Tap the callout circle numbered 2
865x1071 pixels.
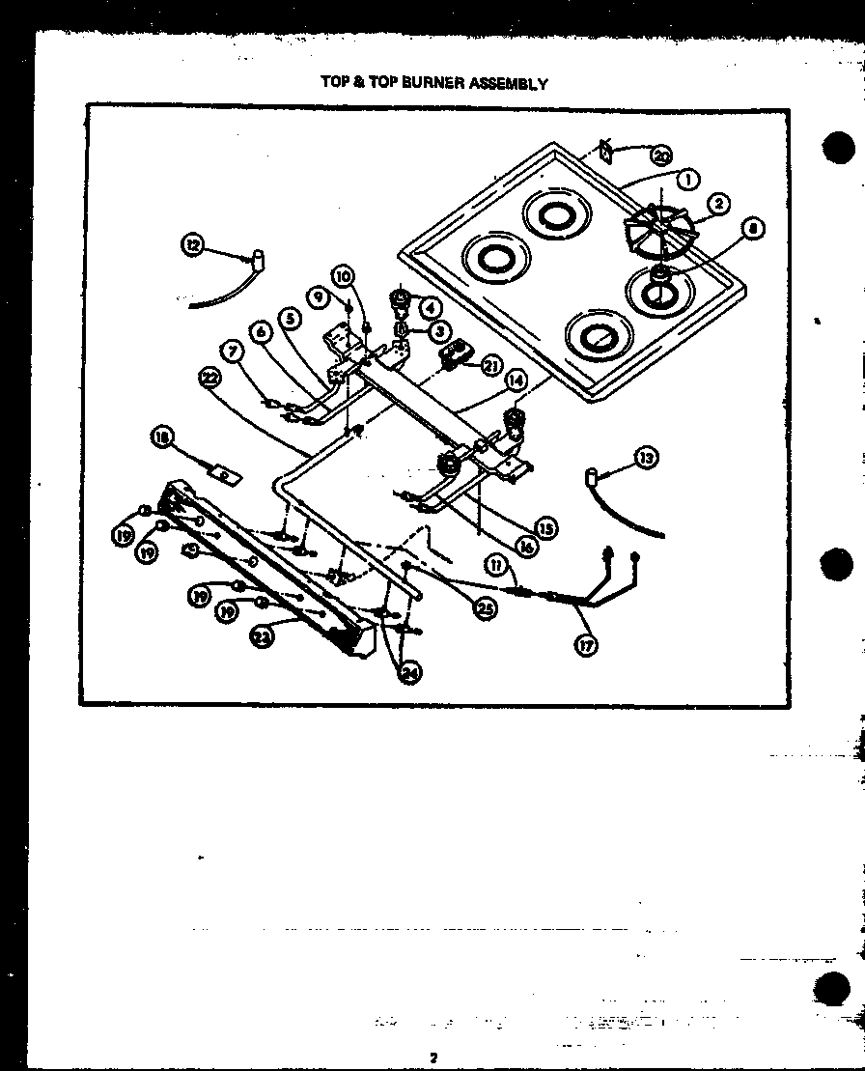coord(717,204)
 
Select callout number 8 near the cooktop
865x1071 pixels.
coord(753,229)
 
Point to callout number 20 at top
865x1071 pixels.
coord(660,155)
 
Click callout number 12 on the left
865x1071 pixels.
coord(193,245)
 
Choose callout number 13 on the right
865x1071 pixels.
coord(648,458)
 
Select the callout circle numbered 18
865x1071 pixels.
coord(162,438)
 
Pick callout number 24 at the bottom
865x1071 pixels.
coord(410,674)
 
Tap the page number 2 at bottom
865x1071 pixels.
coord(434,1057)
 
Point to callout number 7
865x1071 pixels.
coord(232,352)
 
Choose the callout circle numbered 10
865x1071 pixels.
coord(345,276)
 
